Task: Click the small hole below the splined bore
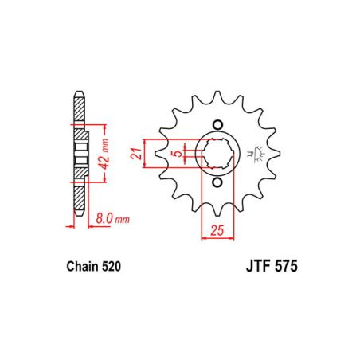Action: coord(217,182)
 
